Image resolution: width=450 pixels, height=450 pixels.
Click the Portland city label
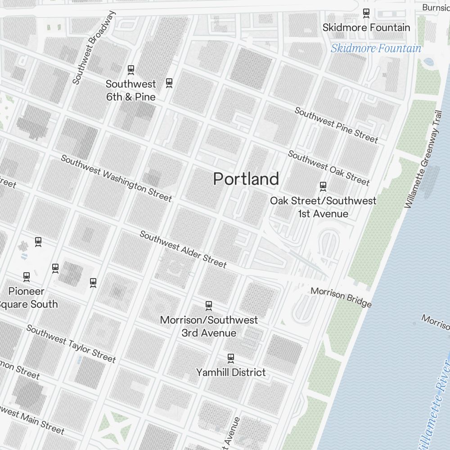pyautogui.click(x=246, y=179)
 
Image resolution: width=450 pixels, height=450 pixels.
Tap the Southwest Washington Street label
pyautogui.click(x=116, y=178)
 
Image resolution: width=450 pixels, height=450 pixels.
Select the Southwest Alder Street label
pyautogui.click(x=183, y=249)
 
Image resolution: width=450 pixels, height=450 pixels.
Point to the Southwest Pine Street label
pyautogui.click(x=336, y=125)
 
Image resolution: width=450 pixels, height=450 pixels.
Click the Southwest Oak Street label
pyautogui.click(x=328, y=168)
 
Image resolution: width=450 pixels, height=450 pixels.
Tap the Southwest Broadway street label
pyautogui.click(x=94, y=48)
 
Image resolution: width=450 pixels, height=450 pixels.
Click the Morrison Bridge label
pyautogui.click(x=341, y=297)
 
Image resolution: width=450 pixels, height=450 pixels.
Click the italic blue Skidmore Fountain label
pyautogui.click(x=376, y=49)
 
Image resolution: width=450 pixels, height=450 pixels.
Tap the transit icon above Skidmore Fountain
pyautogui.click(x=366, y=13)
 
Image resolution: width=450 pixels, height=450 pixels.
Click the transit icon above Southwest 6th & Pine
pyautogui.click(x=131, y=70)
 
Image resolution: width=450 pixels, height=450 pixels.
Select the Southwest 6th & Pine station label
pyautogui.click(x=130, y=90)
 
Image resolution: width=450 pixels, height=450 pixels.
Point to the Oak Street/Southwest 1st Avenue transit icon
pyautogui.click(x=323, y=185)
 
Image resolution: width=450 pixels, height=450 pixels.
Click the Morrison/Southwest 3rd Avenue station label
pyautogui.click(x=209, y=326)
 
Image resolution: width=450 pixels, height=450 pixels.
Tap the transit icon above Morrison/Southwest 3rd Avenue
pyautogui.click(x=208, y=306)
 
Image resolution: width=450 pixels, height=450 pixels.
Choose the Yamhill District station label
pyautogui.click(x=231, y=373)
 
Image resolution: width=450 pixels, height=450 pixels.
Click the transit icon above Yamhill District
pyautogui.click(x=231, y=358)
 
